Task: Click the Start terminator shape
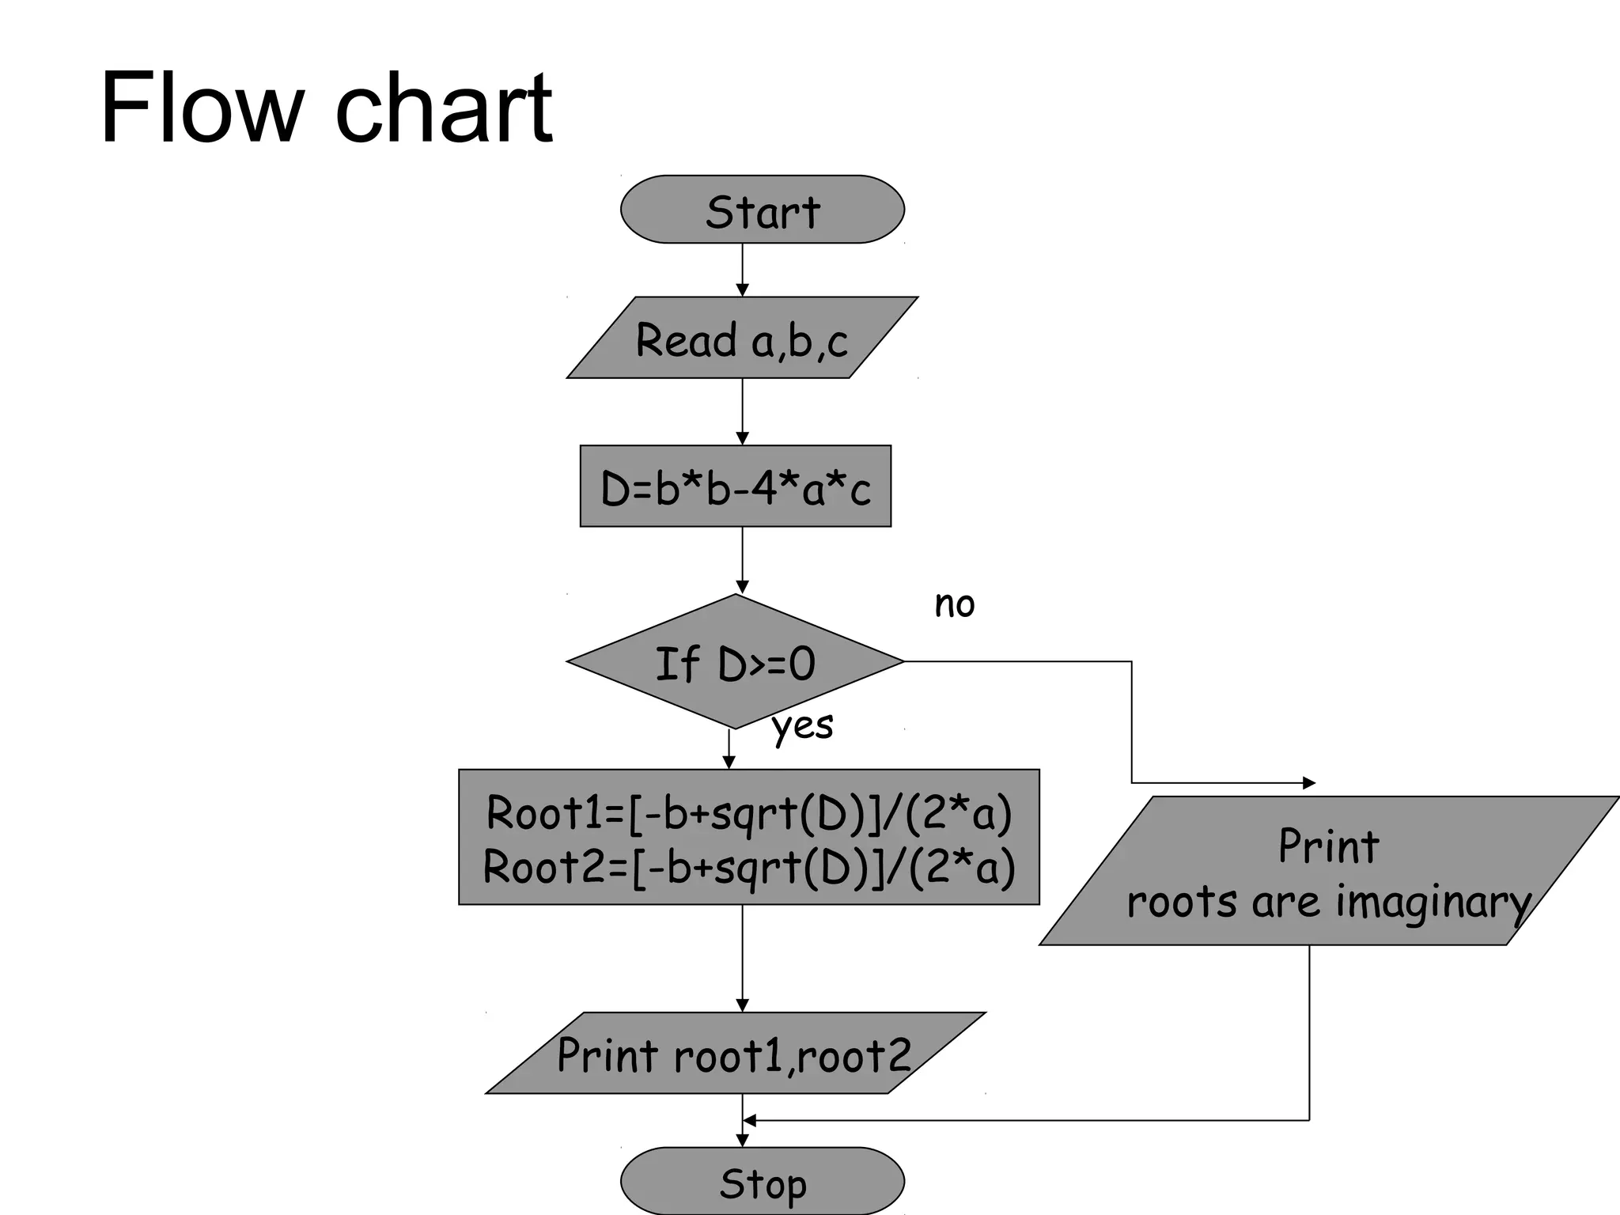[x=762, y=210]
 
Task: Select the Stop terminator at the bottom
[x=762, y=1182]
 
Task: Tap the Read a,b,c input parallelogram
[x=742, y=339]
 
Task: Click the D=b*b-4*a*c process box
[x=736, y=486]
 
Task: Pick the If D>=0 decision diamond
[x=735, y=662]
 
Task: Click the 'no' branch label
[x=955, y=604]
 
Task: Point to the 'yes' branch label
[x=802, y=725]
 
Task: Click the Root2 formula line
[x=748, y=866]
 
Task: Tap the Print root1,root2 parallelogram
[x=734, y=1054]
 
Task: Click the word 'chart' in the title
[x=444, y=108]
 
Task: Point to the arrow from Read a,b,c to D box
[x=742, y=412]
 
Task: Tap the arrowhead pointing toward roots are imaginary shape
[x=1308, y=783]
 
